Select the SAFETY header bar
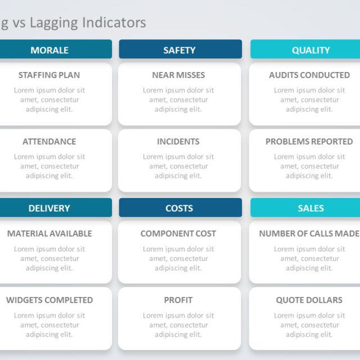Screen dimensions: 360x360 180,50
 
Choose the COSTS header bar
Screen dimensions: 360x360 180,208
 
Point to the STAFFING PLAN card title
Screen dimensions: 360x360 49,75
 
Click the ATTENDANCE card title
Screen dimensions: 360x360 49,142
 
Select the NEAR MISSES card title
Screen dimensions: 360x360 178,75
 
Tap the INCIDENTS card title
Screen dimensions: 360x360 178,142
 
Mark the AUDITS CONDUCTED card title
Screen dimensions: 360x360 309,75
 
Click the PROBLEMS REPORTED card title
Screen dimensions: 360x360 309,142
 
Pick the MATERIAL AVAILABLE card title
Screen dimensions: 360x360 49,233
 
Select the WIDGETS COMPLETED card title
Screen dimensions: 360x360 49,300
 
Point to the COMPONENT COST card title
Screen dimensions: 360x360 178,233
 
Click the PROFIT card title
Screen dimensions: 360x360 178,300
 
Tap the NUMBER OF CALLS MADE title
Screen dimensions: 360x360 309,233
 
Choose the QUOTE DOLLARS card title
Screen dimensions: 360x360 309,300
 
